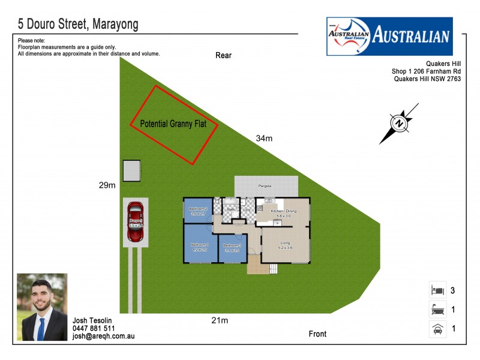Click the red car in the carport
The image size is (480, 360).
tap(135, 222)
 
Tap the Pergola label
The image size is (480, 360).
tap(265, 186)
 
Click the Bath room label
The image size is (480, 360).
tap(231, 209)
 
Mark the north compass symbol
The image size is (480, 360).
tap(399, 123)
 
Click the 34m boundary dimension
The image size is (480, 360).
tap(264, 139)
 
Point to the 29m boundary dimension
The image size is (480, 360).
tap(107, 185)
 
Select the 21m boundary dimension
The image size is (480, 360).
tap(220, 320)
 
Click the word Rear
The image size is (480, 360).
tap(223, 56)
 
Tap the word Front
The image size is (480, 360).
tap(317, 334)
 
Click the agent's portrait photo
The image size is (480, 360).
tap(42, 307)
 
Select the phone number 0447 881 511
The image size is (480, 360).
tap(94, 329)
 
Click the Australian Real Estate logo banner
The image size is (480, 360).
tap(389, 36)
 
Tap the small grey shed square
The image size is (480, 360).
tap(131, 170)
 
